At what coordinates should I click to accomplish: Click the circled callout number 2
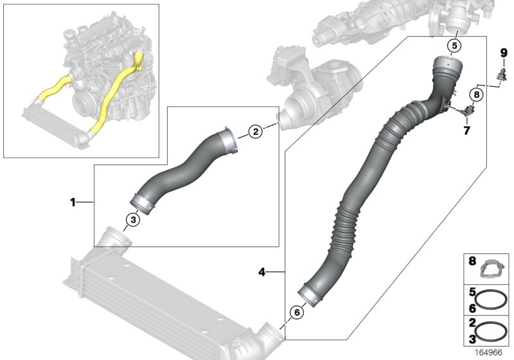click(255, 132)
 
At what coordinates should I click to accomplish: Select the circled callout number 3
click(132, 220)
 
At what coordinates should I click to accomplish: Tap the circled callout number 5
click(454, 46)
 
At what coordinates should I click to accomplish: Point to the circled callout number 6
click(296, 312)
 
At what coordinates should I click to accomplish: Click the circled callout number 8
click(476, 95)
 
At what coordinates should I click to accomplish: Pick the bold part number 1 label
click(73, 202)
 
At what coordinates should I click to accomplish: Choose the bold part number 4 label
click(261, 272)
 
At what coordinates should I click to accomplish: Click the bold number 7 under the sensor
click(467, 130)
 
